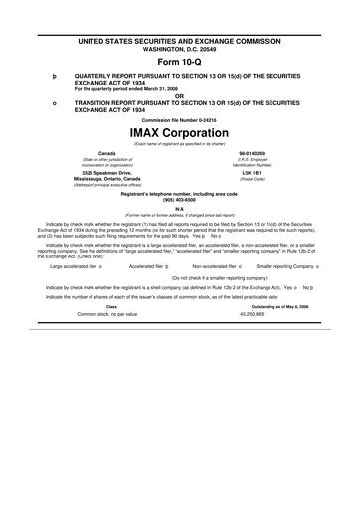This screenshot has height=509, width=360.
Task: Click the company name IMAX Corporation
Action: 179,132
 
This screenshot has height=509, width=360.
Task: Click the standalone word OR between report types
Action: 179,95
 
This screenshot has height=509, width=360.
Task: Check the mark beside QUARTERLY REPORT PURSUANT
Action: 44,73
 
